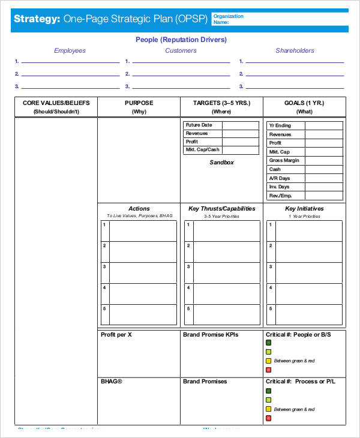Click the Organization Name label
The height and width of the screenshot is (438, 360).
pos(228,19)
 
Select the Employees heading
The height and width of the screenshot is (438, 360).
pos(70,51)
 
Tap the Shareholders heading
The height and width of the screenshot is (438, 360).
pos(295,51)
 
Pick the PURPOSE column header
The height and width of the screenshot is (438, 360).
pos(139,103)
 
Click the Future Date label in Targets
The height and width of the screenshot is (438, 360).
pos(199,125)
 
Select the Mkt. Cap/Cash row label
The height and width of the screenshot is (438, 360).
pos(202,150)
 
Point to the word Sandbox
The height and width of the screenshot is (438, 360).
pos(221,163)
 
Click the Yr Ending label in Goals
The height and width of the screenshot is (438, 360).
pos(280,125)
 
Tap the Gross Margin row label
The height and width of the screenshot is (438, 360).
pos(284,160)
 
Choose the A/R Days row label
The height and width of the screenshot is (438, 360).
pos(279,178)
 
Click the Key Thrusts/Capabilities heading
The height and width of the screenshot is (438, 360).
pos(221,209)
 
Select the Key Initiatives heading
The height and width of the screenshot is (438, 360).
pos(304,209)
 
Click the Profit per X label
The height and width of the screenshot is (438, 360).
pos(116,335)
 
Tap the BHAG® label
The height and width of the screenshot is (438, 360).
pos(112,382)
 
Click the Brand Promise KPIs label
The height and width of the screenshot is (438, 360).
pos(210,335)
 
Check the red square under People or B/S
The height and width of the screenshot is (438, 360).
pos(268,370)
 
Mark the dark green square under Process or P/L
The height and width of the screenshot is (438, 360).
pos(268,391)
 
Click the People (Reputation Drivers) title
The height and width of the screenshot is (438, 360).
pos(181,40)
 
